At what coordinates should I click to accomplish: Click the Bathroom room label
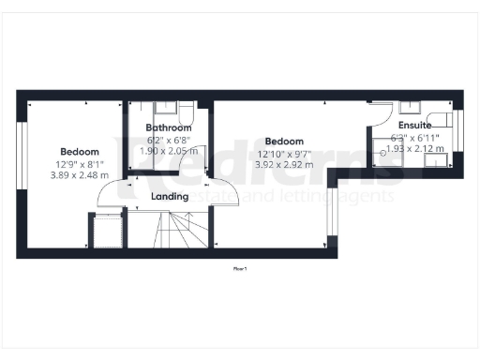pos(170,127)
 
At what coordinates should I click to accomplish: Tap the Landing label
pos(170,197)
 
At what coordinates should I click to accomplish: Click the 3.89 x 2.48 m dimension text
pos(80,175)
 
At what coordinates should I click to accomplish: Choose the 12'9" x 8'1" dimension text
pos(80,163)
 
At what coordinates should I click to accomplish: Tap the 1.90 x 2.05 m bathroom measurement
pos(170,150)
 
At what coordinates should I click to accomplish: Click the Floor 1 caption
pos(240,269)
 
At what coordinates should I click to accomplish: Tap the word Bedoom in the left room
pos(80,151)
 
